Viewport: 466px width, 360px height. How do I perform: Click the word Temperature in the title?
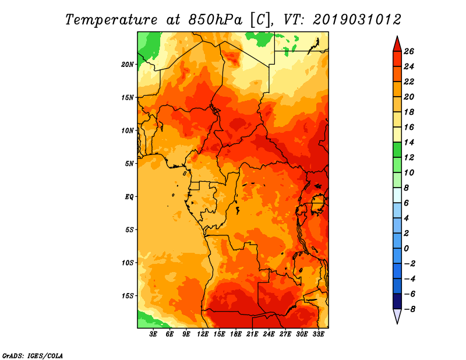tap(111, 20)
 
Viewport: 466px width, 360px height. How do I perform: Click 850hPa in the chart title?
tap(215, 20)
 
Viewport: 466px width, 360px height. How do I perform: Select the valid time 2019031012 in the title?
tap(356, 20)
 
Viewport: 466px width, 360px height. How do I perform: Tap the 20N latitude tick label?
tap(127, 65)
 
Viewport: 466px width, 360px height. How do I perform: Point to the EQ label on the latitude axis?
tap(129, 197)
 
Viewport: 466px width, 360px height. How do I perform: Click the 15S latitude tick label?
tap(127, 296)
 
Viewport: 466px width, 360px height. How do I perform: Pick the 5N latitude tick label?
tap(129, 164)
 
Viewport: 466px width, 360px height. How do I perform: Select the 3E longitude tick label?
tap(153, 334)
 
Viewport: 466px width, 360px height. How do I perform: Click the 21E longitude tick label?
tap(252, 334)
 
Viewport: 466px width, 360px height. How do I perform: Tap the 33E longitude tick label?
tap(318, 334)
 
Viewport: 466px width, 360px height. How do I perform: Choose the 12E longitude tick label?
tap(202, 334)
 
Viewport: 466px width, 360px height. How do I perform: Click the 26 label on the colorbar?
tap(409, 52)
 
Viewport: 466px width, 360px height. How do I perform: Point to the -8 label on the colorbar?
tap(409, 309)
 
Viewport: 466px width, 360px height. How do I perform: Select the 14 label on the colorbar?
tap(409, 143)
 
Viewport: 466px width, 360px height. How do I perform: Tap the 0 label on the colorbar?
tap(406, 249)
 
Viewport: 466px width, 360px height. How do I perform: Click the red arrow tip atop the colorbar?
tap(397, 36)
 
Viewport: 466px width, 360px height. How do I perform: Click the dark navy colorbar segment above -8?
tap(397, 301)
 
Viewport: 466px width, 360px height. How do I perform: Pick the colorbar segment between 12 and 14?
tap(397, 150)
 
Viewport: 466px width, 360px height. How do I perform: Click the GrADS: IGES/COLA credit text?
tap(33, 356)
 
